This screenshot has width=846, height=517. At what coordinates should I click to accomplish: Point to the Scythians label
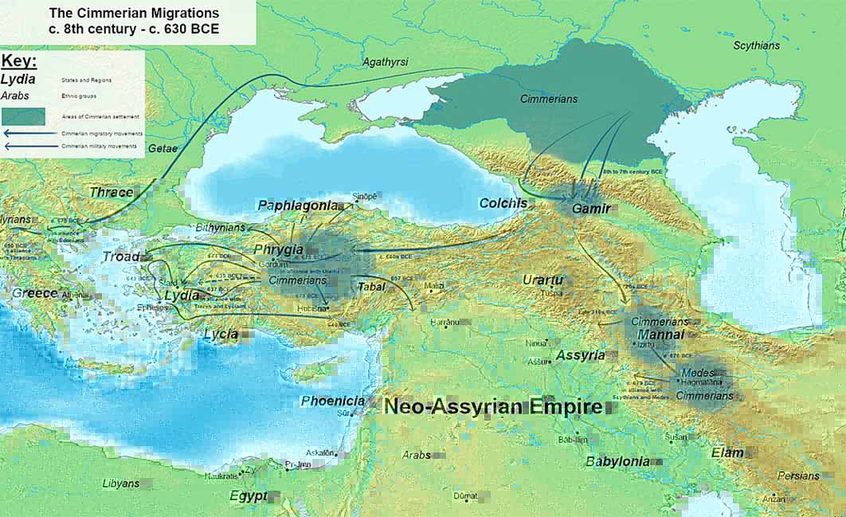pyautogui.click(x=756, y=45)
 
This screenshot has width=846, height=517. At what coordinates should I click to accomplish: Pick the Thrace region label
pyautogui.click(x=112, y=192)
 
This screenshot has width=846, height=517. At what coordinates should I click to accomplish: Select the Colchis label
pyautogui.click(x=503, y=203)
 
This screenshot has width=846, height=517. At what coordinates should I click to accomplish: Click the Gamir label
pyautogui.click(x=591, y=209)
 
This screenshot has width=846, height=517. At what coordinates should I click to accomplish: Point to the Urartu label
pyautogui.click(x=542, y=280)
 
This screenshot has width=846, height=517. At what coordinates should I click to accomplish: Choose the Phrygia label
pyautogui.click(x=278, y=249)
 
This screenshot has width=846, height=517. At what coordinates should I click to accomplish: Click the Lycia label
pyautogui.click(x=221, y=334)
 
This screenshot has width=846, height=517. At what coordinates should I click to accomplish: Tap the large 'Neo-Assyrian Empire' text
pyautogui.click(x=493, y=406)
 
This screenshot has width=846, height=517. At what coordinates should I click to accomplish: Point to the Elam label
pyautogui.click(x=727, y=452)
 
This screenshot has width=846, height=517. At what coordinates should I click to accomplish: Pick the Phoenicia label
pyautogui.click(x=333, y=401)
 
